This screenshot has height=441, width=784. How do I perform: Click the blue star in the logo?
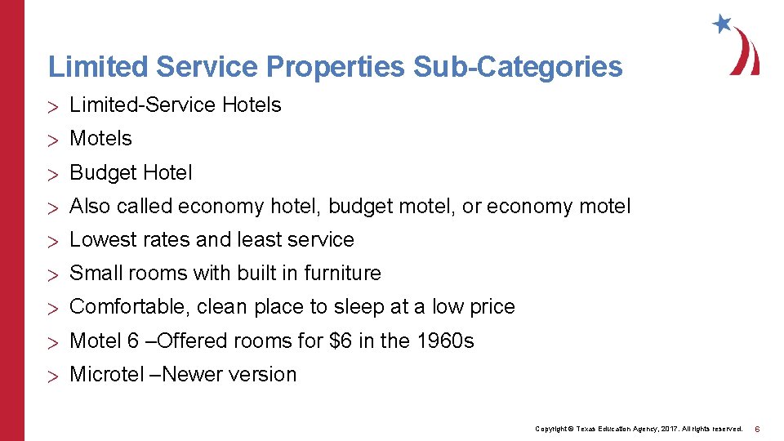721,24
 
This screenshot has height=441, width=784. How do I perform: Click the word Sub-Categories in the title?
518,67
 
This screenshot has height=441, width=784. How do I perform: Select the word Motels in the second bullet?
100,139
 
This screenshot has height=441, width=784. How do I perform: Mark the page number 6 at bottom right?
757,429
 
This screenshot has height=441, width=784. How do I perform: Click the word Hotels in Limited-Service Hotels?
252,105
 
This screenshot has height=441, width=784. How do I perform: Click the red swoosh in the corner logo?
746,52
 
